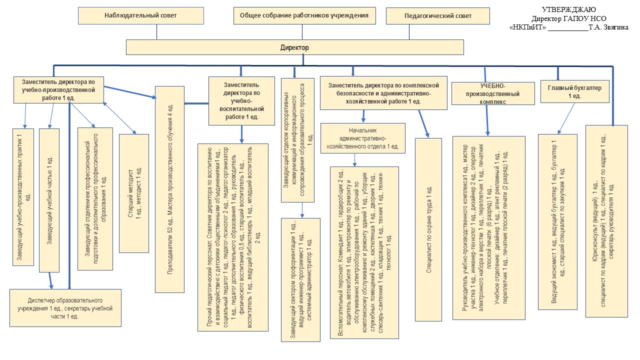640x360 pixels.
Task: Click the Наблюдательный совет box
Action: pos(140,16)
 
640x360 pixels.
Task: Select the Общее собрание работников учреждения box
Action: pos(304,16)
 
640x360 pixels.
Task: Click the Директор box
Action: pos(294,48)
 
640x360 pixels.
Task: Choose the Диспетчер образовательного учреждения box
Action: pos(65,308)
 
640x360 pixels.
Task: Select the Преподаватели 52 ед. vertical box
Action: pos(169,189)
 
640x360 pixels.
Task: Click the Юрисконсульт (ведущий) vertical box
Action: pos(606,220)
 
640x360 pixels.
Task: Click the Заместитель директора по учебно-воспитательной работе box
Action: pos(241,100)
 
